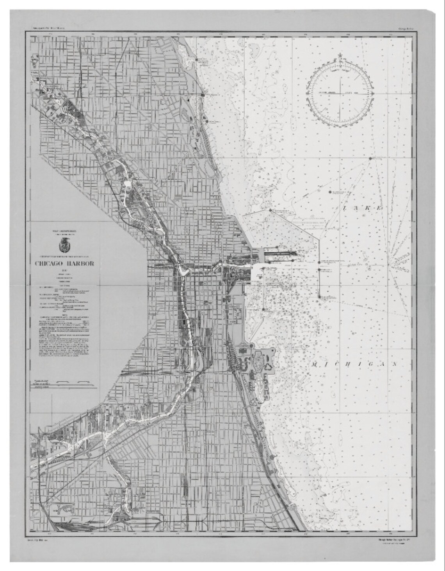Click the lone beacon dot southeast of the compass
[370, 158]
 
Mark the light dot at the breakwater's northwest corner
[270, 210]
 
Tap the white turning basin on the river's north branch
[127, 184]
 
